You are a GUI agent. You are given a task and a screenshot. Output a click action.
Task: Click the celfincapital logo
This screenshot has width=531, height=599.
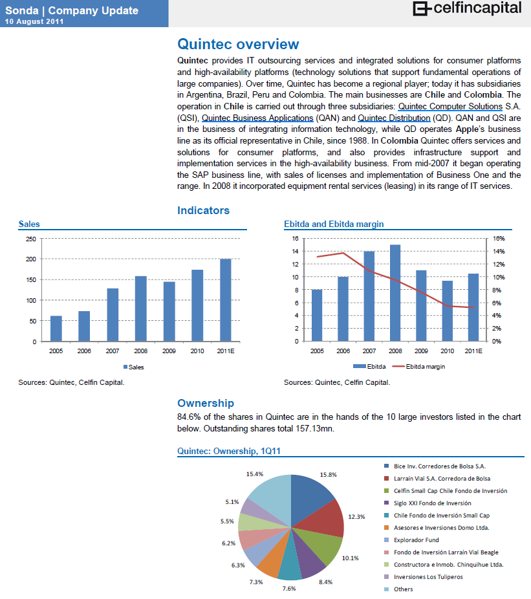[x=468, y=9]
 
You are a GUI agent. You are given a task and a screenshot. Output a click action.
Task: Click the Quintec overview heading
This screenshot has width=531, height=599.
[x=238, y=44]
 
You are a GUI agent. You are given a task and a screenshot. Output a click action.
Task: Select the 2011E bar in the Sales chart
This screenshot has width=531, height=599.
[x=226, y=299]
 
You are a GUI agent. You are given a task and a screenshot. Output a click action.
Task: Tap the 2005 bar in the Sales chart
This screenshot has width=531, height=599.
[x=56, y=328]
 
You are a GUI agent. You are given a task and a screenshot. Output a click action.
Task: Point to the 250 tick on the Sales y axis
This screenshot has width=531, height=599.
[x=31, y=239]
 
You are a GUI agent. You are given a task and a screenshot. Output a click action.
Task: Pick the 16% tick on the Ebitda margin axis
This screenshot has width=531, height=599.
[x=499, y=239]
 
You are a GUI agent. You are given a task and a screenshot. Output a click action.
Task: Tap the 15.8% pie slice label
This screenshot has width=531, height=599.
[x=329, y=474]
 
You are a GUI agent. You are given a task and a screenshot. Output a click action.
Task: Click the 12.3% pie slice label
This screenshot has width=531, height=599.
[x=356, y=516]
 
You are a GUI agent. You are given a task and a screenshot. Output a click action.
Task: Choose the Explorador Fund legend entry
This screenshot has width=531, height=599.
[x=416, y=539]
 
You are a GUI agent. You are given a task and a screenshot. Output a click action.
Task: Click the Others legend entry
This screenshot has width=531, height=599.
[x=403, y=589]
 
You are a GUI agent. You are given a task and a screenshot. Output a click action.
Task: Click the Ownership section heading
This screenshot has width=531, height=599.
[x=206, y=403]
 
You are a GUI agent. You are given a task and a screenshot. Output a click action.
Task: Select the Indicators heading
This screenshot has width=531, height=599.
[x=203, y=210]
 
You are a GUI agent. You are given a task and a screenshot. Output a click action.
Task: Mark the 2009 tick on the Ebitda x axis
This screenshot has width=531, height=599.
[x=421, y=351]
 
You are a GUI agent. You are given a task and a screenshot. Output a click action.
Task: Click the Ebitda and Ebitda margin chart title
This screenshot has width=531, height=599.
[x=334, y=224]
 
